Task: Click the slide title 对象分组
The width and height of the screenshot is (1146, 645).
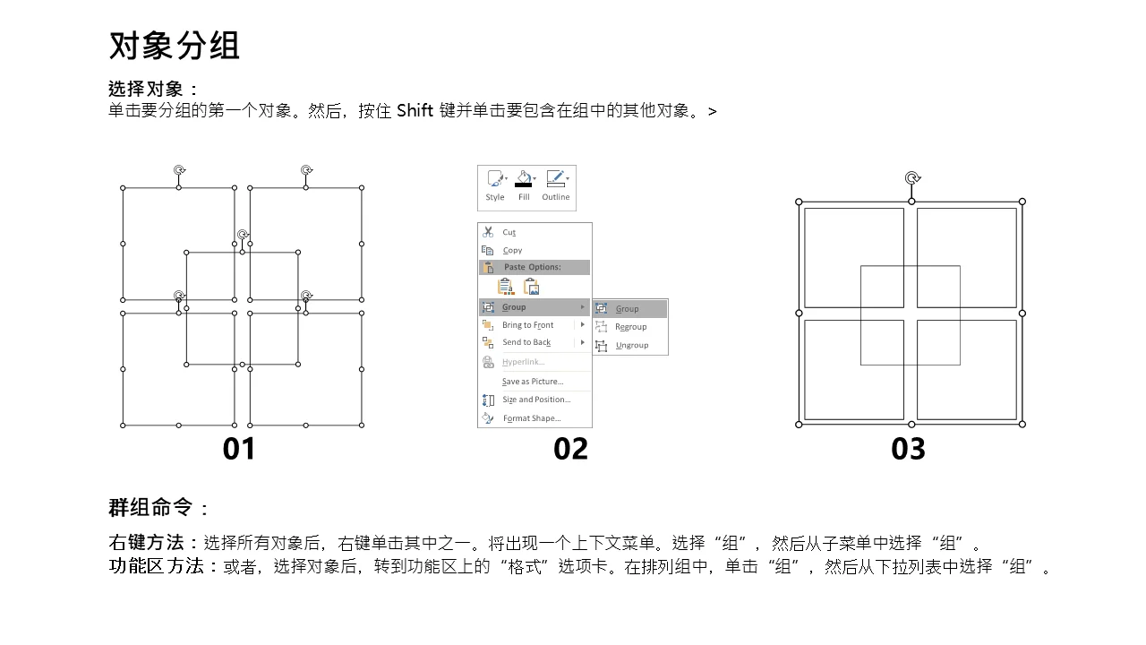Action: coord(174,46)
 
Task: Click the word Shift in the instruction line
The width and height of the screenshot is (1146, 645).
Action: coord(415,110)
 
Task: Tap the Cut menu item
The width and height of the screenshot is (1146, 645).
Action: coord(509,232)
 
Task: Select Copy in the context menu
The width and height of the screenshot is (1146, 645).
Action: coord(512,250)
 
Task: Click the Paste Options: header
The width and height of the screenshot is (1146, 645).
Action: coord(532,267)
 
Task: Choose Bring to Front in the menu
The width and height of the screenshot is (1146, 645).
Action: coord(527,325)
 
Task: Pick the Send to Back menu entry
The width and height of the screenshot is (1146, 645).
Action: coord(526,342)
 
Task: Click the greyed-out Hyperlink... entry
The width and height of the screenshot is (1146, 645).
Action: coord(524,362)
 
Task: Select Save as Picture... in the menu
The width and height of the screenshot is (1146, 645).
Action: coord(533,382)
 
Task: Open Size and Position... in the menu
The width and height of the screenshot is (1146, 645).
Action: coord(536,400)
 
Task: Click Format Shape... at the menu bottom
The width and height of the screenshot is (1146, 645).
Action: coord(532,418)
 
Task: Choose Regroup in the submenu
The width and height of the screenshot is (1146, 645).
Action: coord(631,327)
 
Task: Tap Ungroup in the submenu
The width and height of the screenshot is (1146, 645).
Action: coord(632,345)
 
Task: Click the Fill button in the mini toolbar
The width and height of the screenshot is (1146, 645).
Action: coord(524,186)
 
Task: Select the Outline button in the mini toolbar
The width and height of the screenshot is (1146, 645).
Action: coord(556,186)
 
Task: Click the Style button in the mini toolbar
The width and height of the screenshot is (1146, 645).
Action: coord(495,186)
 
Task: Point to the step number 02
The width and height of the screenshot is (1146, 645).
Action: coord(570,449)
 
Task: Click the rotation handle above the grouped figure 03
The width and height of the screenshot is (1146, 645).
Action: coord(912,178)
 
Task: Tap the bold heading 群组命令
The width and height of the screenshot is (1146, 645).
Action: coord(150,507)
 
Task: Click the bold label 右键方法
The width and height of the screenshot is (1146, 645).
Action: coord(146,542)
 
